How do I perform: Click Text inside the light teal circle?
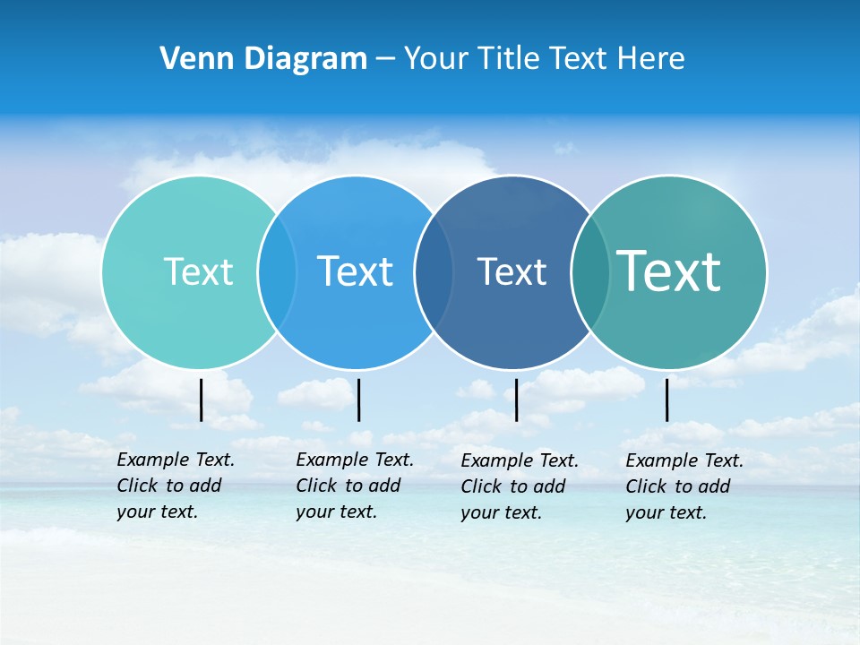coord(198,271)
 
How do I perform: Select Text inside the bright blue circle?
coord(355,271)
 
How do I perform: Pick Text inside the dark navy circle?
coord(512,271)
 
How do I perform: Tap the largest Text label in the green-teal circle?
coord(669,271)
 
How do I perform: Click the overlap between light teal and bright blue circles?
coord(277,271)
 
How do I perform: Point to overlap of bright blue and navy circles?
coord(434,271)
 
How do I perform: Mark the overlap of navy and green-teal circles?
coord(589,271)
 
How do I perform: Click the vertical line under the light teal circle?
coord(202,400)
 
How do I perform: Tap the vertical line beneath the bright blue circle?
coord(358,400)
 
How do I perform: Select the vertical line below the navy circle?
coord(516,400)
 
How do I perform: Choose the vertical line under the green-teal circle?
coord(666,400)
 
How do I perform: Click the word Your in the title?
coord(436,59)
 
